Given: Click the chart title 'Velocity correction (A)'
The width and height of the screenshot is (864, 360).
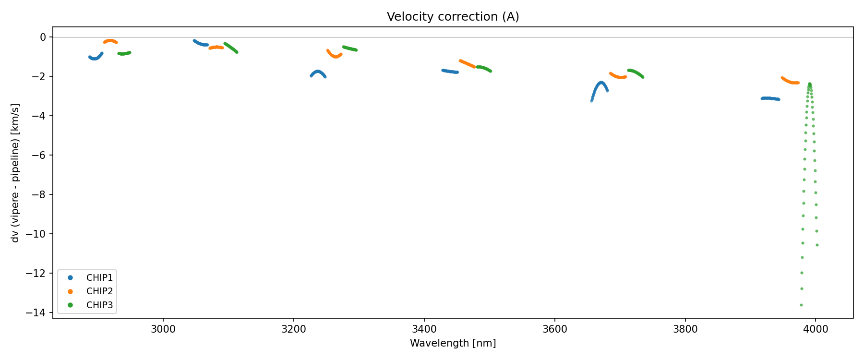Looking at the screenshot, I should coord(453,17).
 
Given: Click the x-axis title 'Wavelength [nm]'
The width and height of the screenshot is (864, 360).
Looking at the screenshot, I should coord(453,343).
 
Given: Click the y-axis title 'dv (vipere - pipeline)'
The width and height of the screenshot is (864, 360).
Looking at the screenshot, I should coord(15,172).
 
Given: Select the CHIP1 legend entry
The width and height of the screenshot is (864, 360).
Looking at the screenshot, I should coord(99,277).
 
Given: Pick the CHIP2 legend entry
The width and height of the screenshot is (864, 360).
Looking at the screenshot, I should coord(99,291).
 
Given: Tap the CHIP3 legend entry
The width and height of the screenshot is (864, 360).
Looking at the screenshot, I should coord(99,305).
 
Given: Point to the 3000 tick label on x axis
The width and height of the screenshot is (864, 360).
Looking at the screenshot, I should coord(163,329).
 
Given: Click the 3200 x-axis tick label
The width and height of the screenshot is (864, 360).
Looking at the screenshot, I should coord(294,329).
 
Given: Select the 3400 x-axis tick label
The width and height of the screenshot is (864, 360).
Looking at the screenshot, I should coord(424,329).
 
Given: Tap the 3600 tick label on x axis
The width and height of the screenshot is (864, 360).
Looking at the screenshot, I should coord(554,329).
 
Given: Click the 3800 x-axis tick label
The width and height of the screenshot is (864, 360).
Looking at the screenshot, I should coord(685,329).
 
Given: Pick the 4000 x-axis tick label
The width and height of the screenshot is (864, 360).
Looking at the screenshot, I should coord(816,329).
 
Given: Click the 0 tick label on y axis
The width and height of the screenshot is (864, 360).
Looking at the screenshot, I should coord(43,37).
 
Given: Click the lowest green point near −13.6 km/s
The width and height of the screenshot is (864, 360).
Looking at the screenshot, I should coord(801,305).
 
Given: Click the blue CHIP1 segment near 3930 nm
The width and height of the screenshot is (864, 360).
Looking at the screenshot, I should coord(770,98).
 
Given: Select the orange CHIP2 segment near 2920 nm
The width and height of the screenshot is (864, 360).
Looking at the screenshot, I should coord(110,41).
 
